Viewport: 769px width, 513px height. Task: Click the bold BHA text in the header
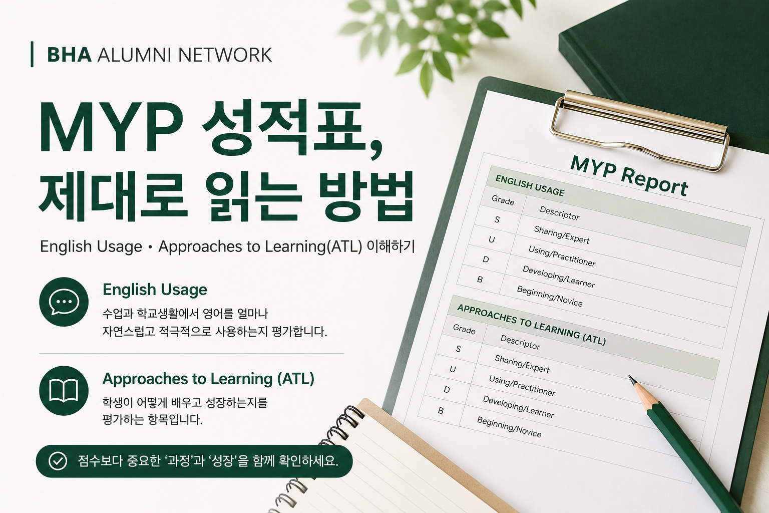tap(70, 55)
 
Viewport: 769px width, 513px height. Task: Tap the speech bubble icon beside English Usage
tap(64, 302)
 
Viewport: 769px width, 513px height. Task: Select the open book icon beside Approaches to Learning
tap(64, 391)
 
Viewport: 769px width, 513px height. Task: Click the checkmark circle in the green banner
tap(58, 461)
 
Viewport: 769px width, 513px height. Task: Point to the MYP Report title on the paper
tap(629, 176)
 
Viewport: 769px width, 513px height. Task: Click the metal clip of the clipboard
tap(640, 131)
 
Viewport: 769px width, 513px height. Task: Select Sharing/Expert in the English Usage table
tap(562, 235)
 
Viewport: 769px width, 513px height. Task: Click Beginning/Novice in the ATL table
tap(509, 426)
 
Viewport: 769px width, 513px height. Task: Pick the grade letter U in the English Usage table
tap(492, 239)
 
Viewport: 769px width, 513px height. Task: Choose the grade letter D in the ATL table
tap(447, 390)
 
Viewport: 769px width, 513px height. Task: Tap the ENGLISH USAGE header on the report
tap(530, 185)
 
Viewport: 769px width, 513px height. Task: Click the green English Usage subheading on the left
tap(155, 290)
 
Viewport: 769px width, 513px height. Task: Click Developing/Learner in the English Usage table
tap(559, 277)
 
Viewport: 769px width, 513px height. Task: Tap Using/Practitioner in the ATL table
tap(522, 385)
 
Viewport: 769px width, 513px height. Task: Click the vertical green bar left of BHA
tap(32, 54)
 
